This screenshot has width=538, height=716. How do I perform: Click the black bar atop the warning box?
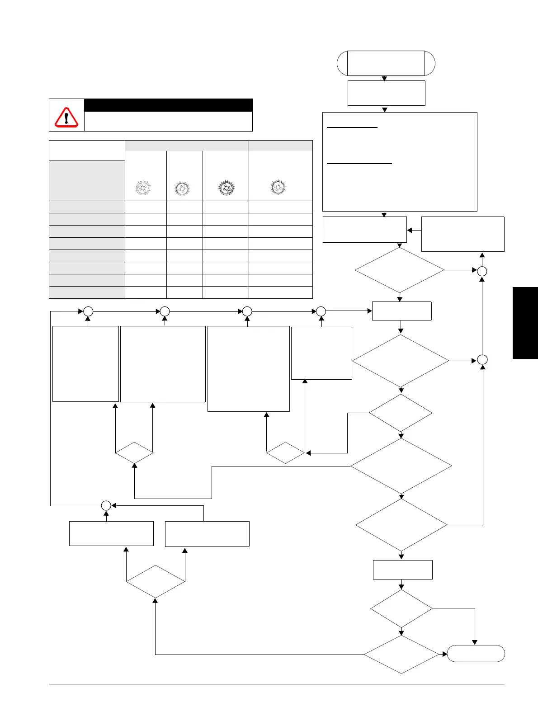(168, 105)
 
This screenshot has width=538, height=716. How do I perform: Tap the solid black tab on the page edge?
(525, 323)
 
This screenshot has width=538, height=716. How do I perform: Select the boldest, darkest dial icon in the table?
(226, 188)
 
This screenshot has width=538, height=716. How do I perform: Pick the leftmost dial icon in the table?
(143, 188)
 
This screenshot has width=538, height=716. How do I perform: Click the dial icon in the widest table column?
(278, 187)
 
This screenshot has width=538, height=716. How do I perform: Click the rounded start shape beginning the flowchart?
(386, 63)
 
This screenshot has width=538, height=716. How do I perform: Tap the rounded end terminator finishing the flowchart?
(476, 654)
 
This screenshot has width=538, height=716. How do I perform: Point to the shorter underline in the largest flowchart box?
(352, 128)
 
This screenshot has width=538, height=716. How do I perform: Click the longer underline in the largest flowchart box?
(359, 164)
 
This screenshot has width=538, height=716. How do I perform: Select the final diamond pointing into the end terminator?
(401, 655)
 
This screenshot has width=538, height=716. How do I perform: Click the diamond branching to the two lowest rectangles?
(156, 582)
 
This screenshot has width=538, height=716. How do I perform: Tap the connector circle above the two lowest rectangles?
(106, 506)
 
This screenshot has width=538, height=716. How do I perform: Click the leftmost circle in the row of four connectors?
(88, 311)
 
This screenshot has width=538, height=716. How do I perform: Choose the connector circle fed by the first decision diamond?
(482, 271)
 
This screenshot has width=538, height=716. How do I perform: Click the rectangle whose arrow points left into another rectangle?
(462, 234)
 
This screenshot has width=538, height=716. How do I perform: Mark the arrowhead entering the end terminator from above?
(475, 642)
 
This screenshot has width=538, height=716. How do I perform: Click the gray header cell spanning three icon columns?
(187, 146)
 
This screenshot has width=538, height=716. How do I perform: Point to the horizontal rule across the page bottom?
(276, 684)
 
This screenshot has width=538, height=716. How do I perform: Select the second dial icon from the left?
(182, 188)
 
